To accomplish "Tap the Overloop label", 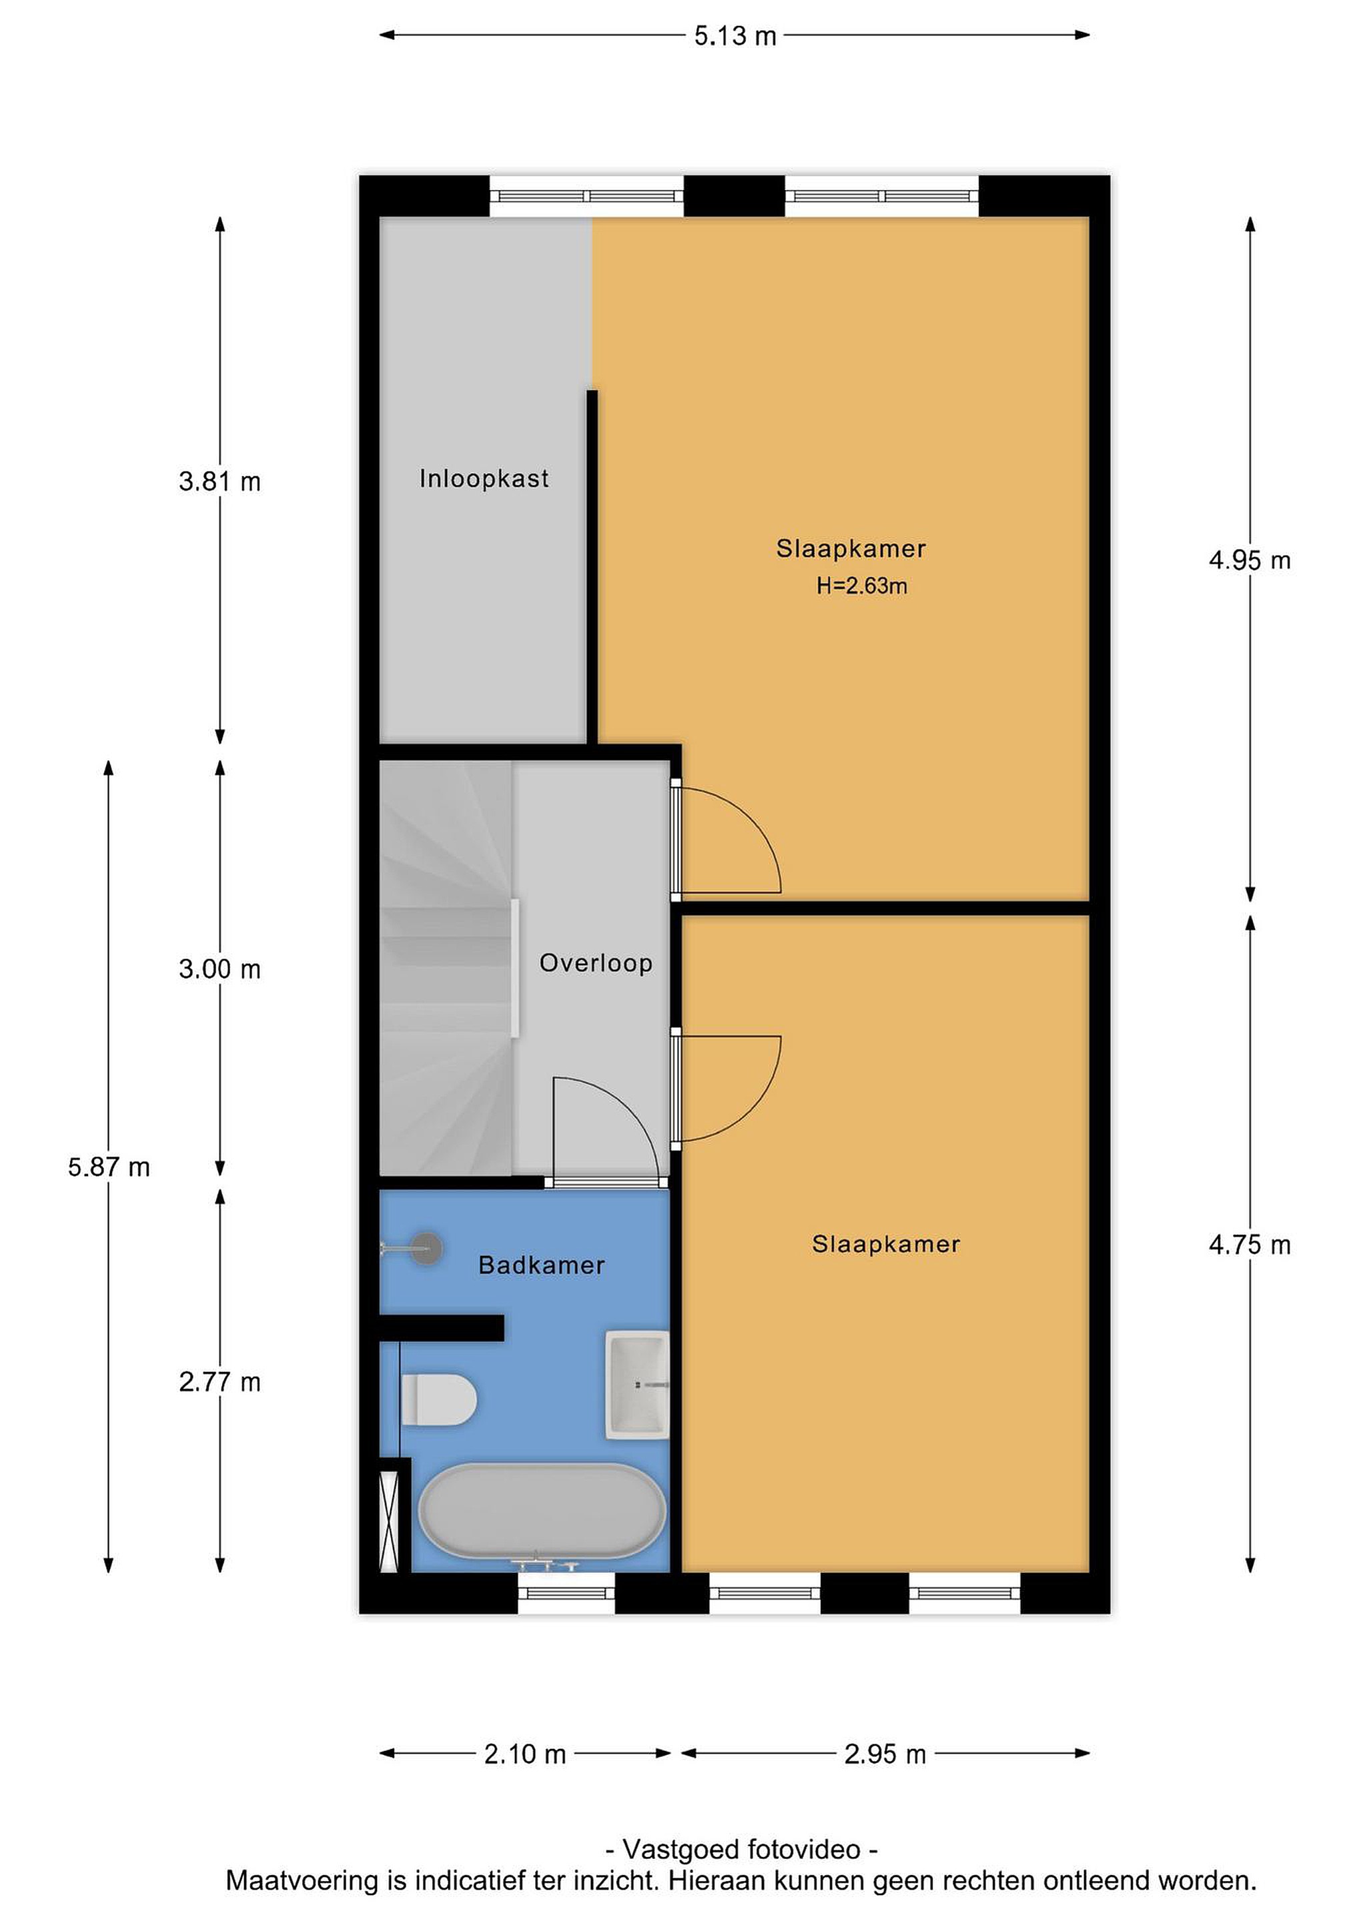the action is (x=595, y=963).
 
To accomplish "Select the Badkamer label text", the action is (x=542, y=1265).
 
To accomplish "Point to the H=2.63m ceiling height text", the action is (x=861, y=586).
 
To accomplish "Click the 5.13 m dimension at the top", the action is (x=735, y=36).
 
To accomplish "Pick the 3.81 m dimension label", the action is (x=219, y=482).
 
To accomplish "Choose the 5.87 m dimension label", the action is (x=109, y=1167).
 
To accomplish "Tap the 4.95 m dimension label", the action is (x=1250, y=560).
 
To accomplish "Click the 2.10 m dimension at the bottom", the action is (x=524, y=1754).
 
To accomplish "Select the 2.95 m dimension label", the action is (x=885, y=1754).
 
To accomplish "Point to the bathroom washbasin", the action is (x=637, y=1385).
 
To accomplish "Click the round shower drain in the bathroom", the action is (x=428, y=1249).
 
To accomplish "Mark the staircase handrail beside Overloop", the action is (x=516, y=968).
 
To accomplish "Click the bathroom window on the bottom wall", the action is (x=566, y=1592).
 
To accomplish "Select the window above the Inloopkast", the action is (x=586, y=197).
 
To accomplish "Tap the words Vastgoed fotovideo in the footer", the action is (x=741, y=1849).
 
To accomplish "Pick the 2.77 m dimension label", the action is (x=219, y=1382).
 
